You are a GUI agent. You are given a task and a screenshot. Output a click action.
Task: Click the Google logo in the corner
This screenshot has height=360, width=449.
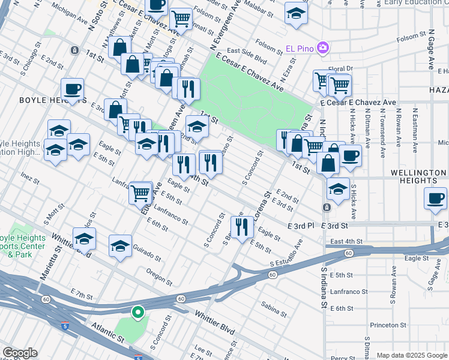coord(19,353)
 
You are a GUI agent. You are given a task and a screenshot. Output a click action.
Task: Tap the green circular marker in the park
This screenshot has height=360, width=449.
coord(137,312)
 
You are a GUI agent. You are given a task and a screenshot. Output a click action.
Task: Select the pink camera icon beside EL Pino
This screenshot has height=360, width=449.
coord(323,47)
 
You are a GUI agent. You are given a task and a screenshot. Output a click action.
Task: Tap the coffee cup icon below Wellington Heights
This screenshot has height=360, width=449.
coord(435,198)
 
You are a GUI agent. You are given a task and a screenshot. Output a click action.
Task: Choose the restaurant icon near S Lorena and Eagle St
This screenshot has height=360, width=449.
coord(241,226)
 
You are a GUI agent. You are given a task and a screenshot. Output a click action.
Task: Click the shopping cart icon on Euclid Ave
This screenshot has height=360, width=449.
coord(140,193)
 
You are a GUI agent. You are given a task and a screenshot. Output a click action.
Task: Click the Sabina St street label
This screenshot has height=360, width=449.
coord(274,309)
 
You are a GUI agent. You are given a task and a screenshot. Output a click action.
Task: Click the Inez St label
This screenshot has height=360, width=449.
coord(29,178)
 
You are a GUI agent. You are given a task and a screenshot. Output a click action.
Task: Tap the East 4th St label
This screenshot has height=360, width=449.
coord(347,241)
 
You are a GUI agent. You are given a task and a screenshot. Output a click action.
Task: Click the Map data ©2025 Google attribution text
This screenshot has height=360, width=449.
coord(411,355)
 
